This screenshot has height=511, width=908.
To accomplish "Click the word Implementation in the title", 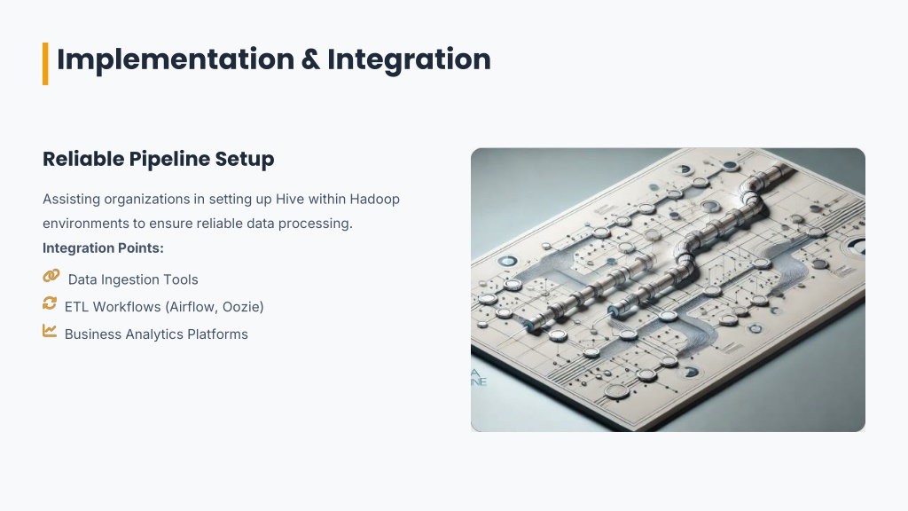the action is coord(176,60).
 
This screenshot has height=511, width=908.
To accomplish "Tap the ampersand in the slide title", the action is coord(311,59).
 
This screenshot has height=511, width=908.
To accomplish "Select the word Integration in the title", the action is coord(410,60).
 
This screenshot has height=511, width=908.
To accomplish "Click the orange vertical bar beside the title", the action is coord(45,64).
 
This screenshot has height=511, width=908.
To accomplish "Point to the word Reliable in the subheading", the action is coord(83,159).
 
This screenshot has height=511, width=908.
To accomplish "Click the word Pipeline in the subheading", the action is coord(169,160).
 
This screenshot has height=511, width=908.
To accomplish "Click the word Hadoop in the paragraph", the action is coord(375,200).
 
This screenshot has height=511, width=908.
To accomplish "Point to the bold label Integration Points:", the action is coord(103,248).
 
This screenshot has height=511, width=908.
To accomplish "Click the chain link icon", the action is coord(51,276).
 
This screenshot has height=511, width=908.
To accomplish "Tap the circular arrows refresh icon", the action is coord(50,303).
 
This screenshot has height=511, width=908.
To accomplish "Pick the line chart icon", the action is coord(50,331).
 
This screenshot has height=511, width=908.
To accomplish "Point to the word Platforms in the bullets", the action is coord(218,334).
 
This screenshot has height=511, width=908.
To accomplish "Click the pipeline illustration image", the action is coord(668,290).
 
